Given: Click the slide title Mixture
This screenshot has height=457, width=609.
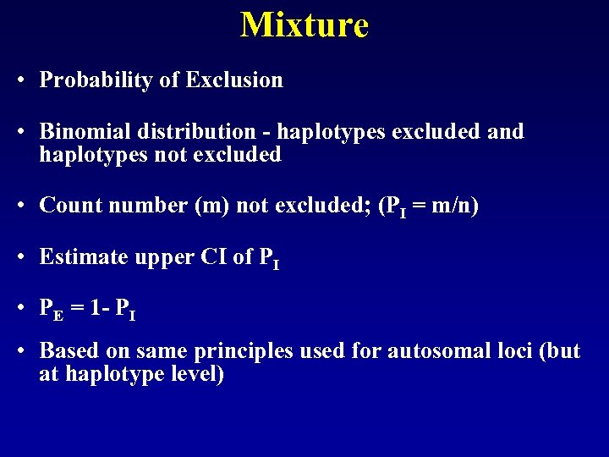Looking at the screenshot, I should pyautogui.click(x=304, y=25).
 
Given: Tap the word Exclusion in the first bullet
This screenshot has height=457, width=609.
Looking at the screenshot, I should pyautogui.click(x=234, y=80).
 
